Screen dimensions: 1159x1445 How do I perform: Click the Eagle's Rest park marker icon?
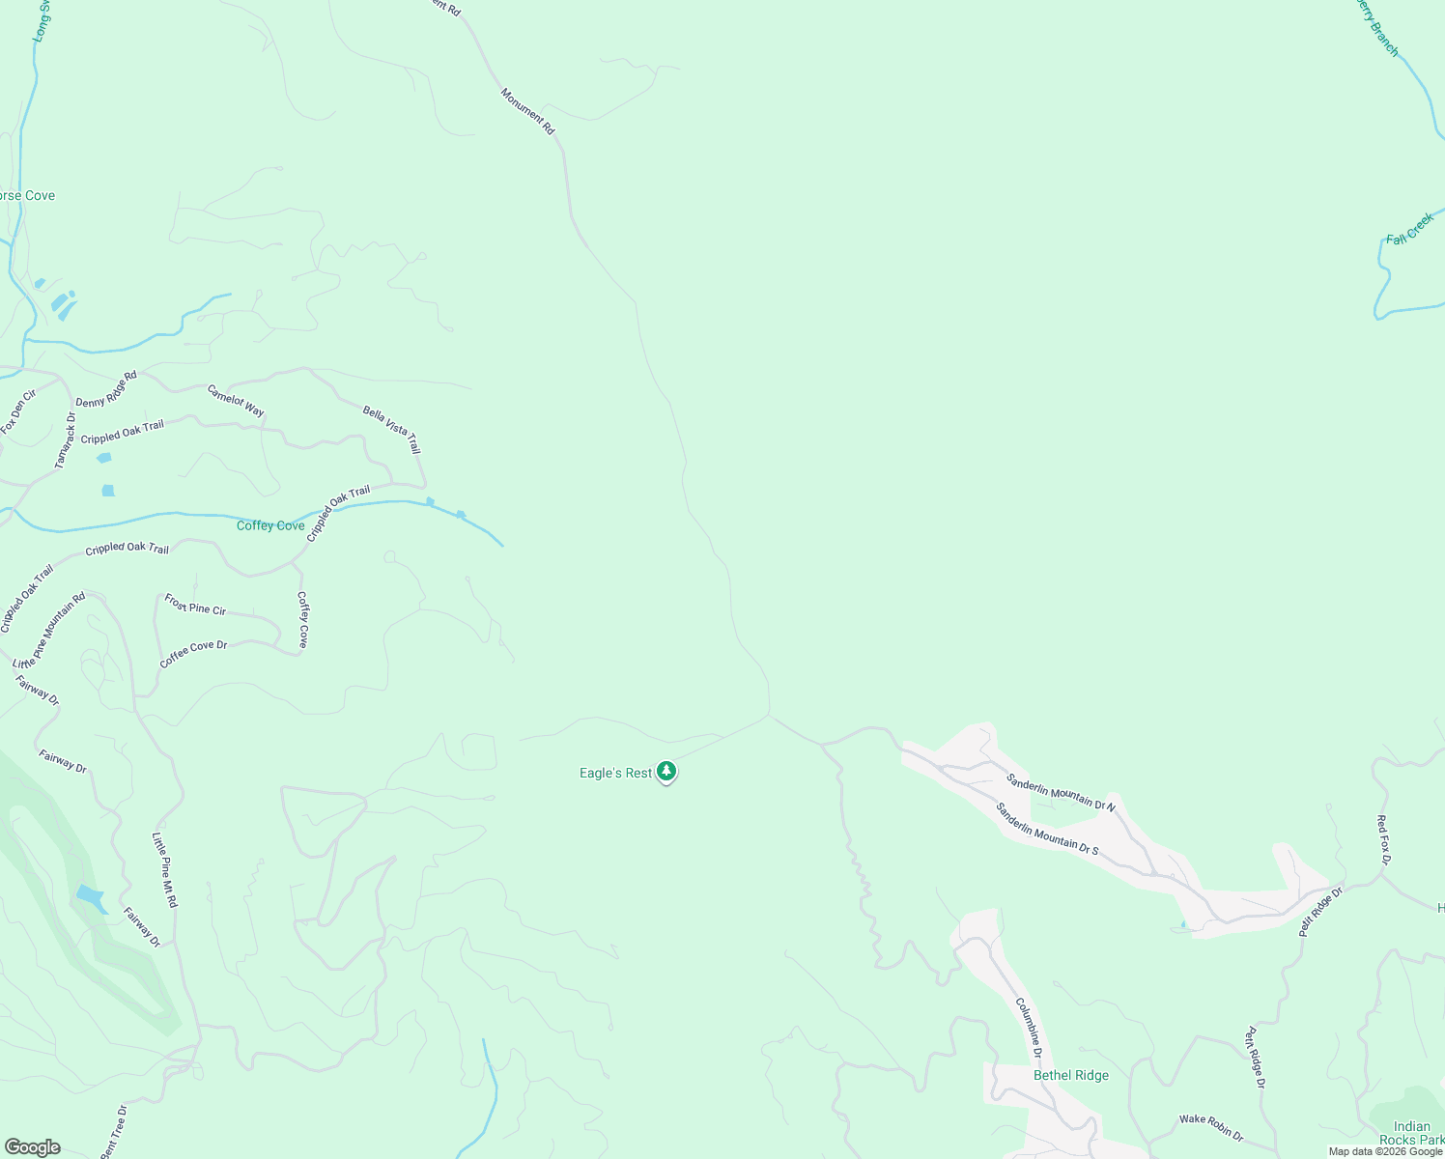666,772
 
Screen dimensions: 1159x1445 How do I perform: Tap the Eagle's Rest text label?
615,774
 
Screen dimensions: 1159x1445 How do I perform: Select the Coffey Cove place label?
270,526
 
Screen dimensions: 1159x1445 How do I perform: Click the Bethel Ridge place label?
1071,1076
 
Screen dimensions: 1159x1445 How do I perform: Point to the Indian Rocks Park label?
1411,1133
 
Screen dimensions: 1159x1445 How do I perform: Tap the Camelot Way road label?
236,401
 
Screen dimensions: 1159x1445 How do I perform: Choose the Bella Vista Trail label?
392,430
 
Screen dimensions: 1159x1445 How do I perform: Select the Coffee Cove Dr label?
193,654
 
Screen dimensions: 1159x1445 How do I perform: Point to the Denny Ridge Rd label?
106,388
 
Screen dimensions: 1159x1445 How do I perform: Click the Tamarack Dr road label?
65,441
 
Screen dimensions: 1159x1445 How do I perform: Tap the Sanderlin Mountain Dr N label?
1061,792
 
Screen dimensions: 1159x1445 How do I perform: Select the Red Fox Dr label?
1383,840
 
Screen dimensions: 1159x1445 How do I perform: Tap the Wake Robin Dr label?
1211,1127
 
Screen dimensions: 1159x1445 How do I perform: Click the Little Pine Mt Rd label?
165,870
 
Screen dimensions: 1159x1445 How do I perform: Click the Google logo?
33,1147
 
